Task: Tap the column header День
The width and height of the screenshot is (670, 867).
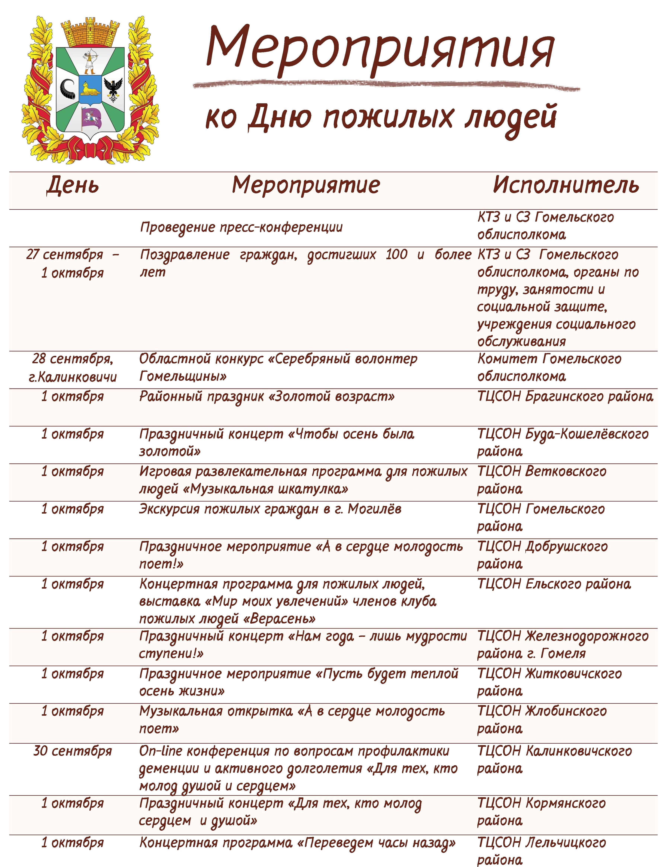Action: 73,185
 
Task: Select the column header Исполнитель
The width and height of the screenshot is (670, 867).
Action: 566,185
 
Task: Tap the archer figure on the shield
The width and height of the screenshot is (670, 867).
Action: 90,62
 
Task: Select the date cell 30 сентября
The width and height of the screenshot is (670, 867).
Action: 73,751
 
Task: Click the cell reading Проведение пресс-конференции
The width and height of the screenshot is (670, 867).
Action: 241,227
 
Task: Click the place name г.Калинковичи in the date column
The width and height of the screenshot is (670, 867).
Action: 73,376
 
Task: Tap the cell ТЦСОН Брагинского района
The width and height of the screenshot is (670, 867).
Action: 565,396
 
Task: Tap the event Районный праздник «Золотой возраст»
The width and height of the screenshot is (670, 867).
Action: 267,396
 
